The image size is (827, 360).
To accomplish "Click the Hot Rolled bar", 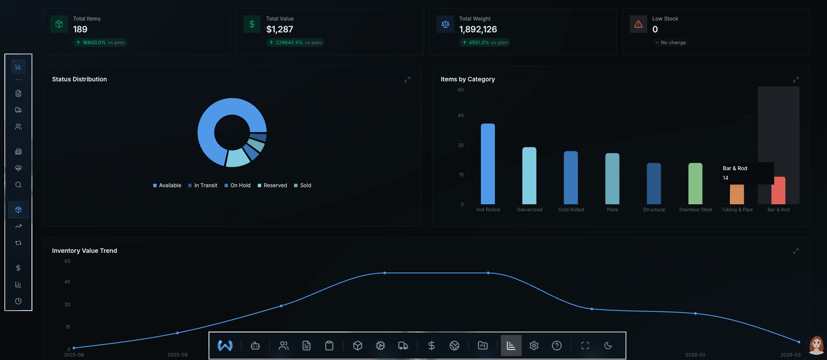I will point(488,164).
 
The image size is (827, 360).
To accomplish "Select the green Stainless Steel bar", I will point(695,184).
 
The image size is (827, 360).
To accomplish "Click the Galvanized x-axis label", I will point(529,210).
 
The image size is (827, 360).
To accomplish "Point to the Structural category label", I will point(654,210).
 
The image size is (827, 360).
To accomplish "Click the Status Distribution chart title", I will point(79,79).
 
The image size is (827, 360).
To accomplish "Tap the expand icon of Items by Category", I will point(796,80).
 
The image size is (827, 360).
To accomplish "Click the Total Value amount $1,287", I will point(280,29).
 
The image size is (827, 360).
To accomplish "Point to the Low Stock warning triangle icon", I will point(638,24).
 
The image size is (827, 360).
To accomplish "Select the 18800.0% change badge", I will point(100,42).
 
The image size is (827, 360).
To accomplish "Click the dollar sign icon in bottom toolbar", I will point(431,346).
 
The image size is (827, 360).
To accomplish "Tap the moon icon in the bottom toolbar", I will point(608,346).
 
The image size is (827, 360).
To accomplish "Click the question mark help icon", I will point(557,346).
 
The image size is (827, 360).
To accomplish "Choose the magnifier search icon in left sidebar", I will point(18,185).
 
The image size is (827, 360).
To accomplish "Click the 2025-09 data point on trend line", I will point(178,333).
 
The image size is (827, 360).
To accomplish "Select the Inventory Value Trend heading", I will point(84,251).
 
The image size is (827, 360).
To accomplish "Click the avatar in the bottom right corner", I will point(816,345).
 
